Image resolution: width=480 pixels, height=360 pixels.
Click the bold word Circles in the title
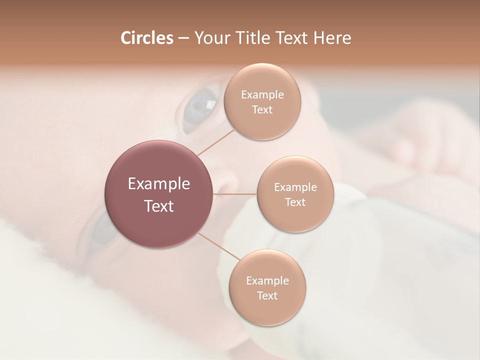point(146,38)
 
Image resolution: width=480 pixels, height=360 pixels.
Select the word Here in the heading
point(332,38)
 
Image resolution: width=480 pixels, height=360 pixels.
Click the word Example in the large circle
point(159,184)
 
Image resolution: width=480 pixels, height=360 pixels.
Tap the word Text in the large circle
point(159,206)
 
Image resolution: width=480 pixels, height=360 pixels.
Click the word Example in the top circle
point(262,95)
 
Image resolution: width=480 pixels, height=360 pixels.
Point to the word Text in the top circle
point(262,110)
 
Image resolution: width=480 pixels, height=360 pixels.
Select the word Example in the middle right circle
point(295,187)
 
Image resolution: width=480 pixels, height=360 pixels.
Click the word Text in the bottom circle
point(267,295)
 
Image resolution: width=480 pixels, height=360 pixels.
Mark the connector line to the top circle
point(215,142)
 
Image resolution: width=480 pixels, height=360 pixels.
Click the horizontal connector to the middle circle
point(235,194)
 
